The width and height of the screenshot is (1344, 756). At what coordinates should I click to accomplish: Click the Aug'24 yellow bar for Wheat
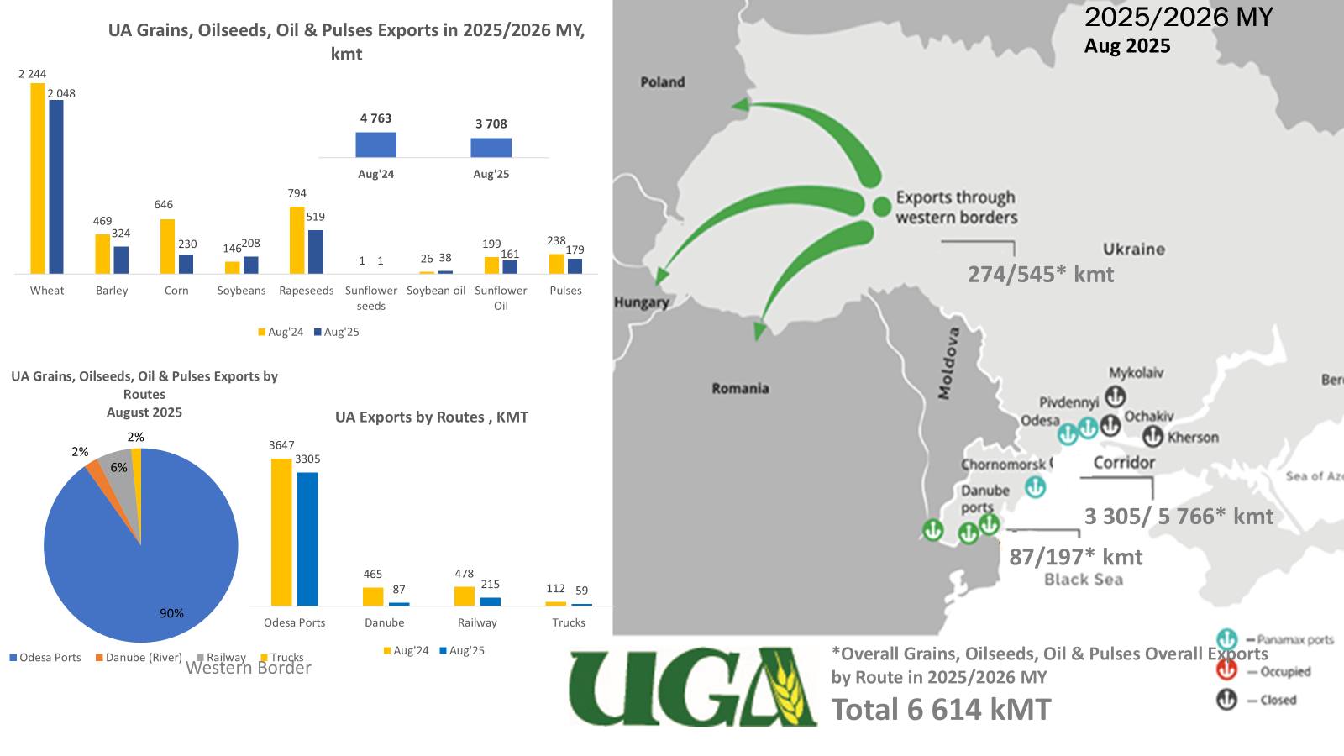(x=37, y=178)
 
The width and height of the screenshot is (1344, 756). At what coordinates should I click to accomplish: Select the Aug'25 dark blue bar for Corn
(x=186, y=264)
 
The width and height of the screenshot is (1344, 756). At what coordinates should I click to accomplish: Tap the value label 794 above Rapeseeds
(x=297, y=193)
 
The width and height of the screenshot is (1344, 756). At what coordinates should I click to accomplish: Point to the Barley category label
(x=112, y=291)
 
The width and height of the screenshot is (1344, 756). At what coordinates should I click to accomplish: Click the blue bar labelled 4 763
(x=375, y=144)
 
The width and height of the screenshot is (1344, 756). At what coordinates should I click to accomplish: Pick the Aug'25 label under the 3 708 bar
(x=491, y=175)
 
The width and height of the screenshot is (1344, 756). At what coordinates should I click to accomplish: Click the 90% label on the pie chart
(x=171, y=614)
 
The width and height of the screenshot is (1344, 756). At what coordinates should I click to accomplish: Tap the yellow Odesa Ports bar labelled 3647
(x=281, y=531)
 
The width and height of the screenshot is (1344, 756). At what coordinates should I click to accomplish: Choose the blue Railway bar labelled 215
(x=491, y=601)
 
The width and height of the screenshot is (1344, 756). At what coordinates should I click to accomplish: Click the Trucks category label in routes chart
(x=569, y=623)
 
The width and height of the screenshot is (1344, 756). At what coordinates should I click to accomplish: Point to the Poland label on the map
(x=663, y=82)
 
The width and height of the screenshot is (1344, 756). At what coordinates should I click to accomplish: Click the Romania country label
(x=740, y=388)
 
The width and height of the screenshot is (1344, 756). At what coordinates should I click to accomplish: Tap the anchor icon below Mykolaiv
(x=1115, y=396)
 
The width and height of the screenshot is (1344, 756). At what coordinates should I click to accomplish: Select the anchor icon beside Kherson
(x=1152, y=437)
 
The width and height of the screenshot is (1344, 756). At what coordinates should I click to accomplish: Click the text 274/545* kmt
(x=1041, y=275)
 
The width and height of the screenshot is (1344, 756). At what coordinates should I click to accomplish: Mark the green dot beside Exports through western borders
(x=881, y=206)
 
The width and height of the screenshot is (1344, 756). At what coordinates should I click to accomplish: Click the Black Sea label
(x=1084, y=580)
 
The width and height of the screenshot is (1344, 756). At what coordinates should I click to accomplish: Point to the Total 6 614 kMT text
(x=941, y=710)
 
